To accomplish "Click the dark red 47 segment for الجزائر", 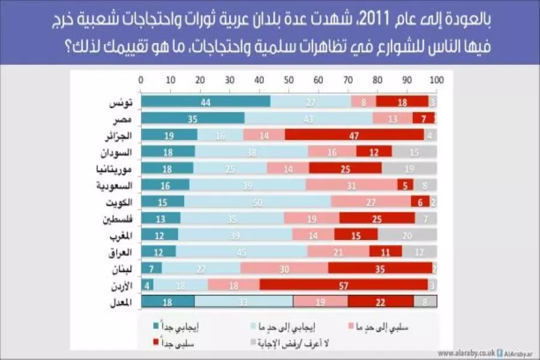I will [x=354, y=135].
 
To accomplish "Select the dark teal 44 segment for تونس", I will [x=205, y=102].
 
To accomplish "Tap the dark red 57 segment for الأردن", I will [x=343, y=284].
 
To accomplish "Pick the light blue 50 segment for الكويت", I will [x=257, y=202].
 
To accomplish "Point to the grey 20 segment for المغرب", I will [x=407, y=235].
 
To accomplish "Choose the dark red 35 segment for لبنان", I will [x=380, y=268].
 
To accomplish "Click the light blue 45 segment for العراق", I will [x=242, y=251].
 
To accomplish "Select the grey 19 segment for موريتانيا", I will [x=409, y=169].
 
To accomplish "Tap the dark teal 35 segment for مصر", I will [x=193, y=119].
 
